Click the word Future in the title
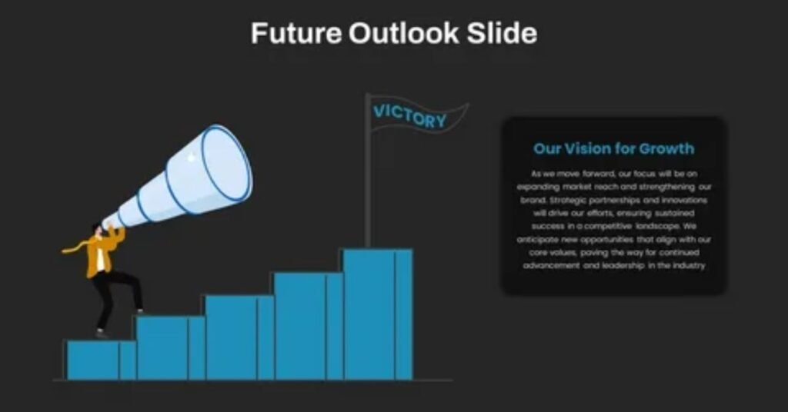pyautogui.click(x=295, y=34)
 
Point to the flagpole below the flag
pyautogui.click(x=368, y=200)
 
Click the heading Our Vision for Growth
pyautogui.click(x=613, y=148)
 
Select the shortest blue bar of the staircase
pyautogui.click(x=100, y=360)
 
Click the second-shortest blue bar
pyautogui.click(x=169, y=347)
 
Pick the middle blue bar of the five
pyautogui.click(x=238, y=338)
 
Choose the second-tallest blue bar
pyautogui.click(x=307, y=327)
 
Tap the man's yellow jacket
pyautogui.click(x=103, y=253)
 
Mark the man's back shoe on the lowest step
pyautogui.click(x=102, y=334)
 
